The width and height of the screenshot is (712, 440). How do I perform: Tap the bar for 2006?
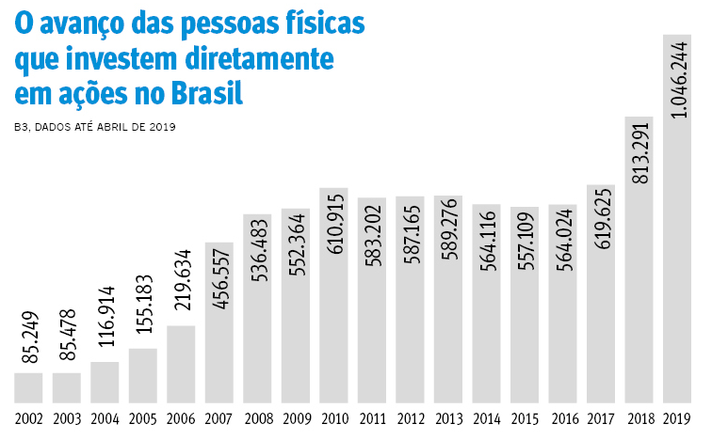click(181, 363)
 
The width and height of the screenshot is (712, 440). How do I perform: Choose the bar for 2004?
click(105, 382)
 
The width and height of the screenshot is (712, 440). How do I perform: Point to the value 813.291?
click(639, 150)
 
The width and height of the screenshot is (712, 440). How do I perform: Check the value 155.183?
click(143, 315)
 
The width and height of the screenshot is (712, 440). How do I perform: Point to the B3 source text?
click(23, 126)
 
